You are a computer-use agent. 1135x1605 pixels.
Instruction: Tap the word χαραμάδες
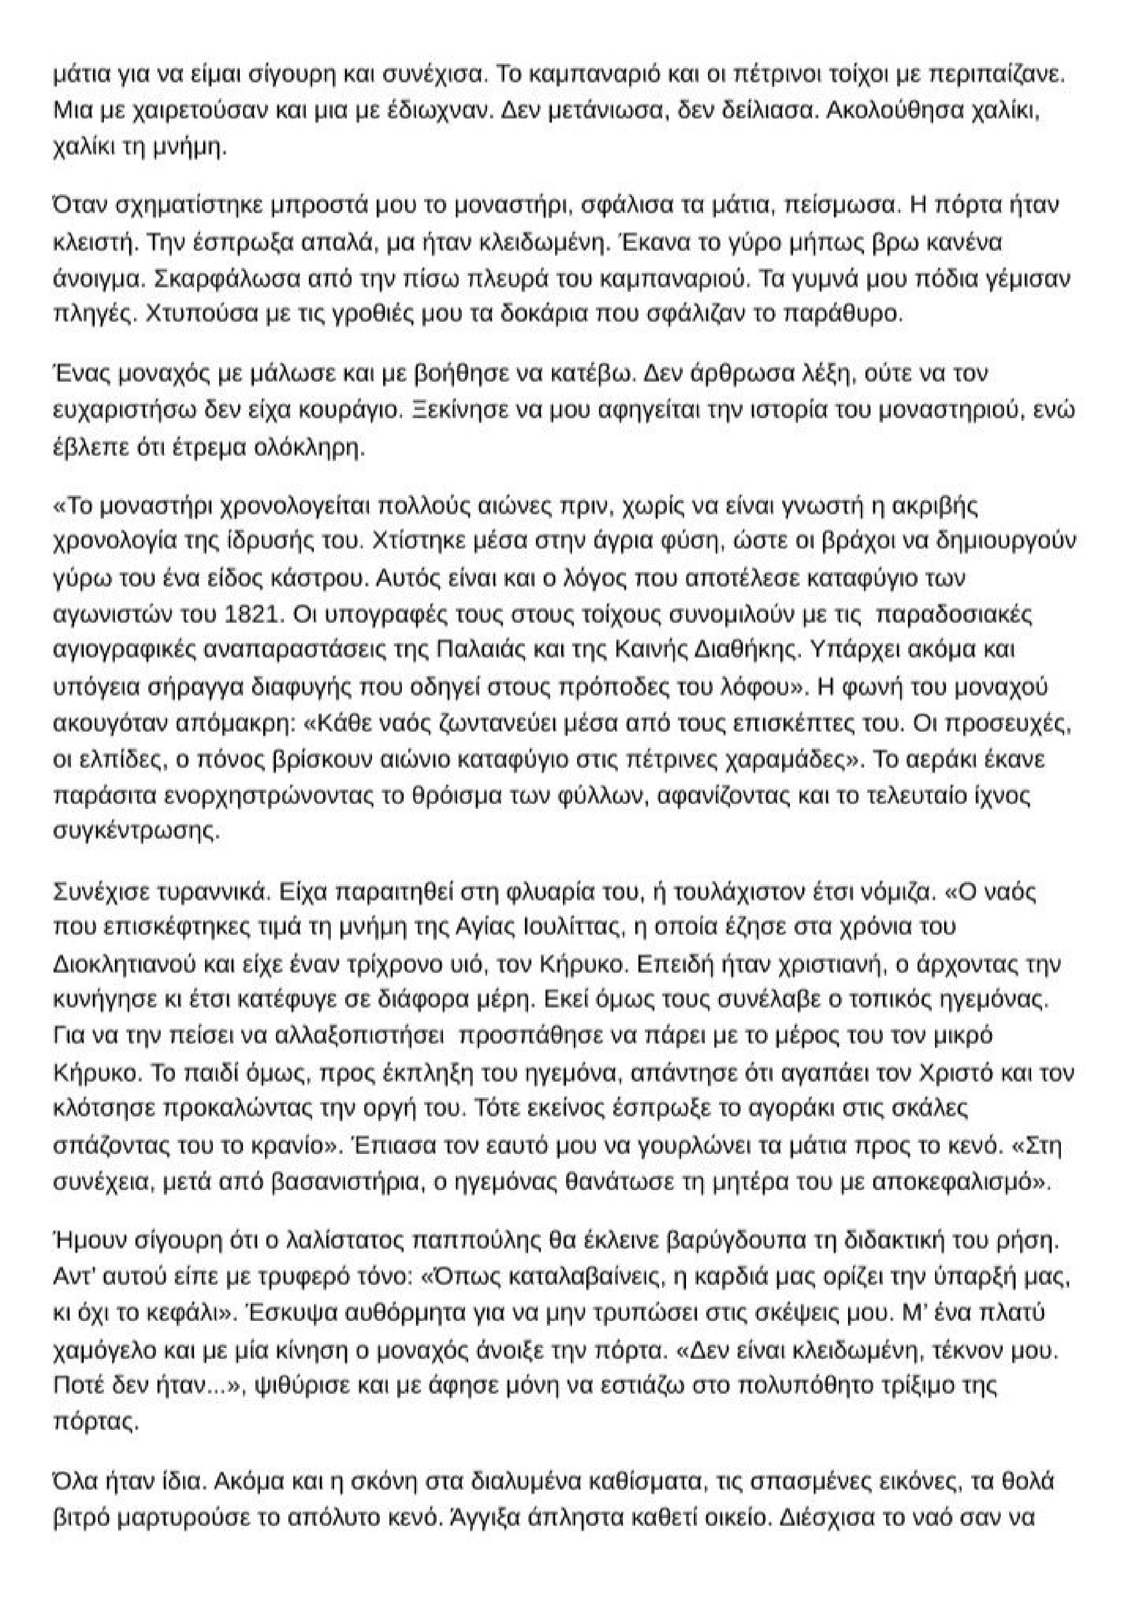(783, 760)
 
